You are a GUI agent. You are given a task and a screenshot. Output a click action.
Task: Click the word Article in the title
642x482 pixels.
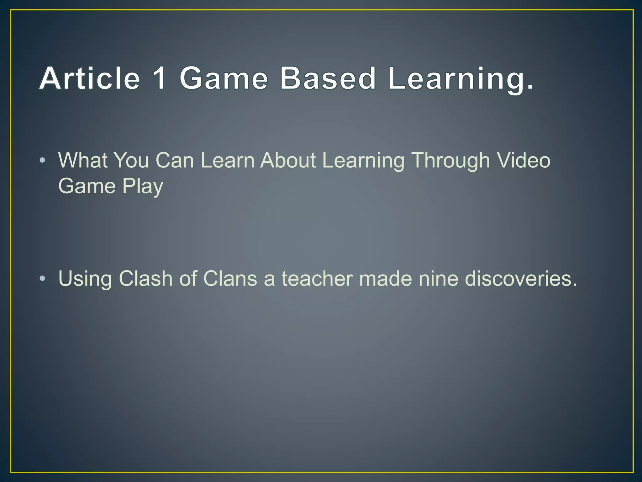click(90, 78)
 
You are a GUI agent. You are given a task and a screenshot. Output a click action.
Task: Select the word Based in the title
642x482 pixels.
click(328, 78)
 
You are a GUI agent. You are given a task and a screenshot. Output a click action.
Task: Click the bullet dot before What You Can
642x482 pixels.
click(43, 161)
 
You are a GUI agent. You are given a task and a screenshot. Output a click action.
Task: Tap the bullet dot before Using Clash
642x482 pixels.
click(43, 279)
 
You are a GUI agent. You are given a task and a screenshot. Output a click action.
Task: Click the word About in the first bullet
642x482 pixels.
click(288, 160)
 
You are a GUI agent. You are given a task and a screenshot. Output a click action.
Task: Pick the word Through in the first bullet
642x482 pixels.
click(450, 160)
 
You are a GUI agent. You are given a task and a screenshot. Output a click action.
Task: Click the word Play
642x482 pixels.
click(143, 187)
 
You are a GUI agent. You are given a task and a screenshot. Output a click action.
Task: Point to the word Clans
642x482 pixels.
click(230, 278)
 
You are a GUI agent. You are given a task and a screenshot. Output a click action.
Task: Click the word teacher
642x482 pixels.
click(317, 278)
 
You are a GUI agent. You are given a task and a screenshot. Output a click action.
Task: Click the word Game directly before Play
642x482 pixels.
click(87, 186)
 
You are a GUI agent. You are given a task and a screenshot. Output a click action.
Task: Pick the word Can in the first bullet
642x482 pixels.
click(175, 160)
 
